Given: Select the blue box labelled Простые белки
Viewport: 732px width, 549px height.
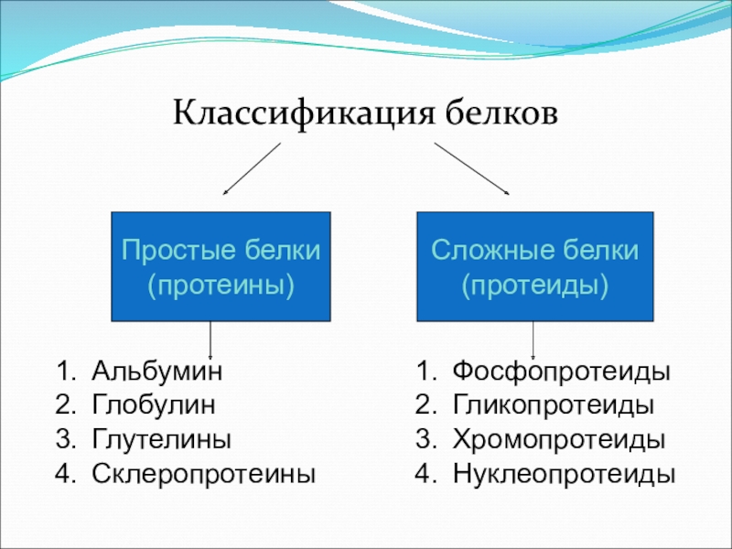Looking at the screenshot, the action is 221,266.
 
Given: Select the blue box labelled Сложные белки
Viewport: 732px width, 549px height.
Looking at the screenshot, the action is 535,266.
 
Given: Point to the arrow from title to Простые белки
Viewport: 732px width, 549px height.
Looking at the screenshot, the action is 252,168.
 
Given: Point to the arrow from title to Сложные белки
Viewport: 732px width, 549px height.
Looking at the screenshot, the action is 471,168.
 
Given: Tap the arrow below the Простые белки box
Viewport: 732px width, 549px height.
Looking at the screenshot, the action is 212,340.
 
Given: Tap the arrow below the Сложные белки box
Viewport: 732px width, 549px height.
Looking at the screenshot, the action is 533,340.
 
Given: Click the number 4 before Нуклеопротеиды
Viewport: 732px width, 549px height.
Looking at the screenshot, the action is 421,474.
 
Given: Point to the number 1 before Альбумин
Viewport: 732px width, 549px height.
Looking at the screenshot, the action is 62,372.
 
